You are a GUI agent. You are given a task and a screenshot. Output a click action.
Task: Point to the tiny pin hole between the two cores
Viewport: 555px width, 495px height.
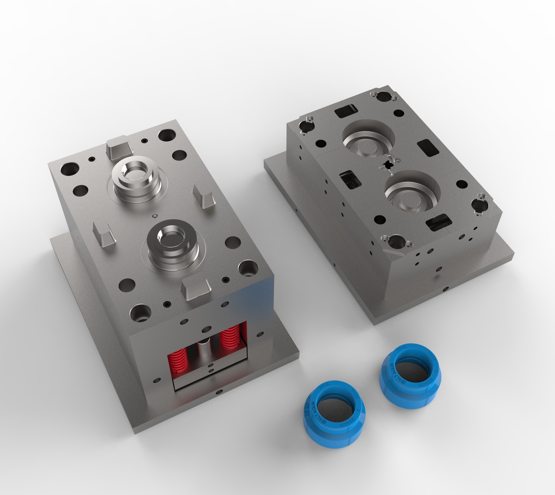[x=155, y=216]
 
